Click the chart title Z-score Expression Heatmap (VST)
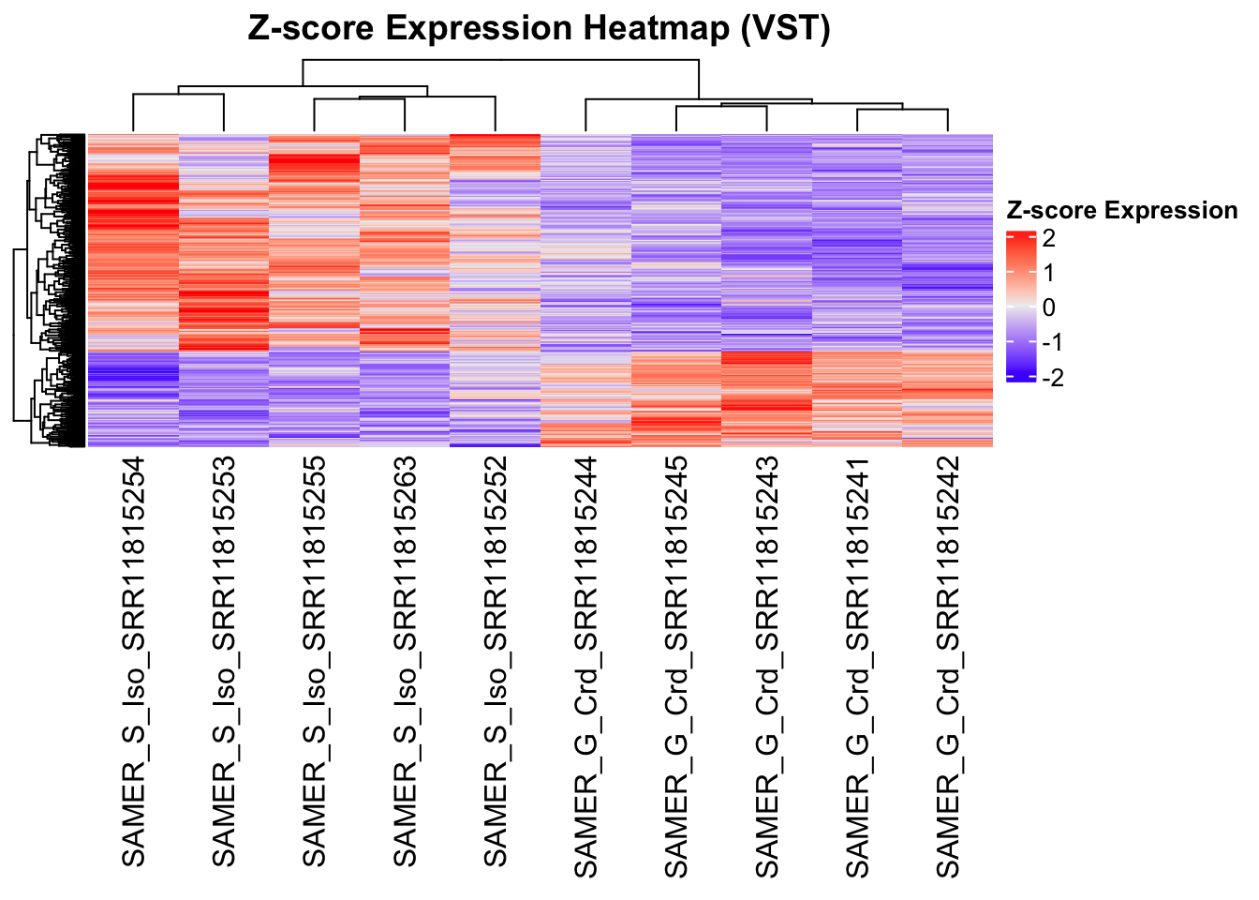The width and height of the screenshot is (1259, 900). (x=539, y=28)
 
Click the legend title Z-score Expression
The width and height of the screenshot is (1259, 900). (x=1121, y=211)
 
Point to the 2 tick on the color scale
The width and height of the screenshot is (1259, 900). (x=1048, y=238)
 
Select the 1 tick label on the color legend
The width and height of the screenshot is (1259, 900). (x=1048, y=273)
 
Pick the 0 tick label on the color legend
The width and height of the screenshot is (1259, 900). (x=1048, y=307)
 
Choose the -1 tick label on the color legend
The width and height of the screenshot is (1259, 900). (x=1052, y=342)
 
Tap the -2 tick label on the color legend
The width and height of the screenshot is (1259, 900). (x=1052, y=377)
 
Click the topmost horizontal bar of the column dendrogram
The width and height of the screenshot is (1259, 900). (x=500, y=60)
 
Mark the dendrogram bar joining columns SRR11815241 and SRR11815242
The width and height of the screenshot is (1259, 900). (x=902, y=111)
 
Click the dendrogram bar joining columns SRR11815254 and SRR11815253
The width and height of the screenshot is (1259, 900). (x=178, y=94)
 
